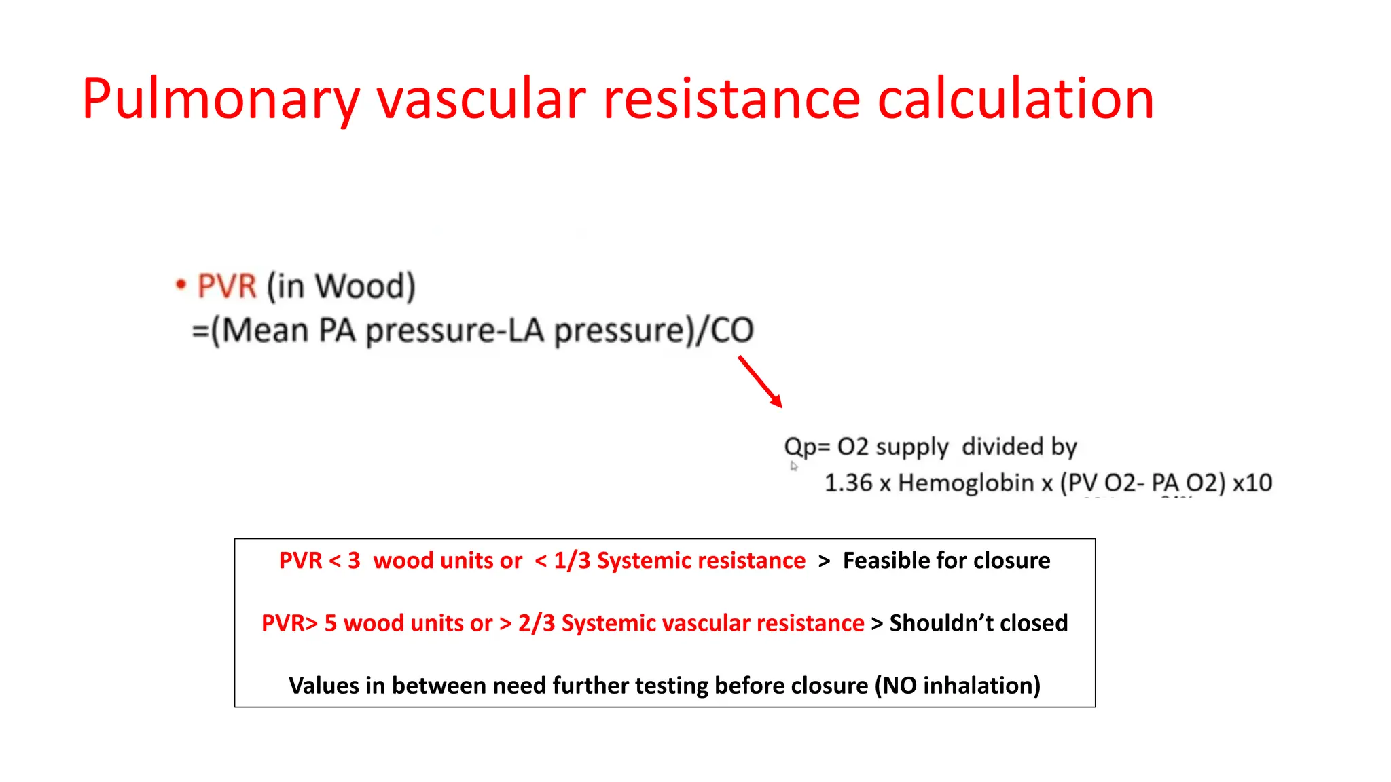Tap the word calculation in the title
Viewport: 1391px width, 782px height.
(1015, 100)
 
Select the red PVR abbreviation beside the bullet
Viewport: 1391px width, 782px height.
(227, 286)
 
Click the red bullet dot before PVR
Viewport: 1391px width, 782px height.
(181, 284)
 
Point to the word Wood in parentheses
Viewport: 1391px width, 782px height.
(361, 286)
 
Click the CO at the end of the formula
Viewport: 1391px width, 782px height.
(731, 331)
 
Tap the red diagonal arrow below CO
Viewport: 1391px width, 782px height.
(760, 381)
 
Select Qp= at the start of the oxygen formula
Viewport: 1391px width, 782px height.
(807, 447)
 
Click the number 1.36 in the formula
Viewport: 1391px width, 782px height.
(848, 483)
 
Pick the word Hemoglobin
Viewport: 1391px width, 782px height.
(966, 483)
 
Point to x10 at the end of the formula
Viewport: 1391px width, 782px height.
(1252, 483)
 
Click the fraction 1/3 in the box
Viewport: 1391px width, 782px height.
(572, 561)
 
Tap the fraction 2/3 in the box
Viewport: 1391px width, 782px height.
(537, 623)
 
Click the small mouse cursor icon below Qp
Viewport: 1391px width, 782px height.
(793, 466)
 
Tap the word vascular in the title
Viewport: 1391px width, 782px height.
(481, 100)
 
